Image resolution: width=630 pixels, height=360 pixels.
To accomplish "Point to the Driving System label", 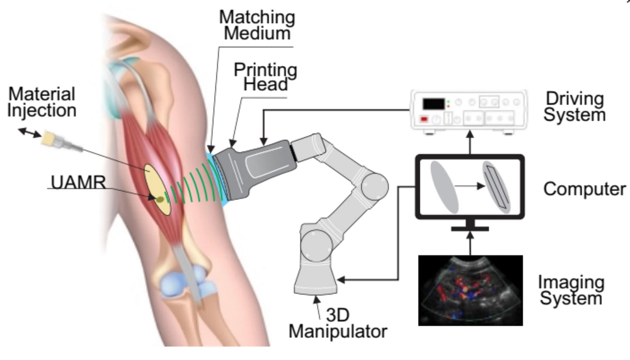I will pyautogui.click(x=575, y=107).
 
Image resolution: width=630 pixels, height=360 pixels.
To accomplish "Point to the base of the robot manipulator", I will pyautogui.click(x=316, y=277).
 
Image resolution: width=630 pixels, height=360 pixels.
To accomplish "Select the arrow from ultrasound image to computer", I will pyautogui.click(x=469, y=241).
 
